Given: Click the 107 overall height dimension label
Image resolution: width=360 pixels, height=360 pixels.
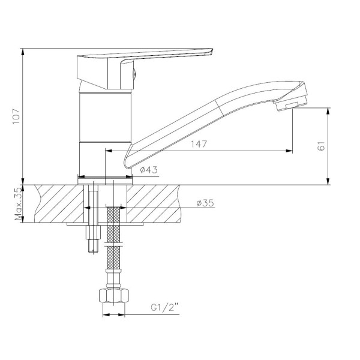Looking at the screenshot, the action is (17, 116).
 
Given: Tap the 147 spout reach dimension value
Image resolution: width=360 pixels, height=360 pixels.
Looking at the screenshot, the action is (199, 144).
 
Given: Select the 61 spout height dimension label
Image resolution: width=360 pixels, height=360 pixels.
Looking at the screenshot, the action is (322, 146).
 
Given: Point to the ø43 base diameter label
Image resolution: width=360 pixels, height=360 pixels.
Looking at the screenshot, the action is (149, 170).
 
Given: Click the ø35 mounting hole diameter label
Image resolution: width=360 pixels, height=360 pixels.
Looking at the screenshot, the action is (205, 203).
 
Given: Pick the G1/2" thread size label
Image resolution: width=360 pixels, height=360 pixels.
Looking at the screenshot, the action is (164, 307).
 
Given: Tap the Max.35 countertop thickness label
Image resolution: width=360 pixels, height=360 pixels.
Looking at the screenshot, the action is (19, 204).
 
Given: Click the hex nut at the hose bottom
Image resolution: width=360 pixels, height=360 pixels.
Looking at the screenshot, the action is (113, 296).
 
